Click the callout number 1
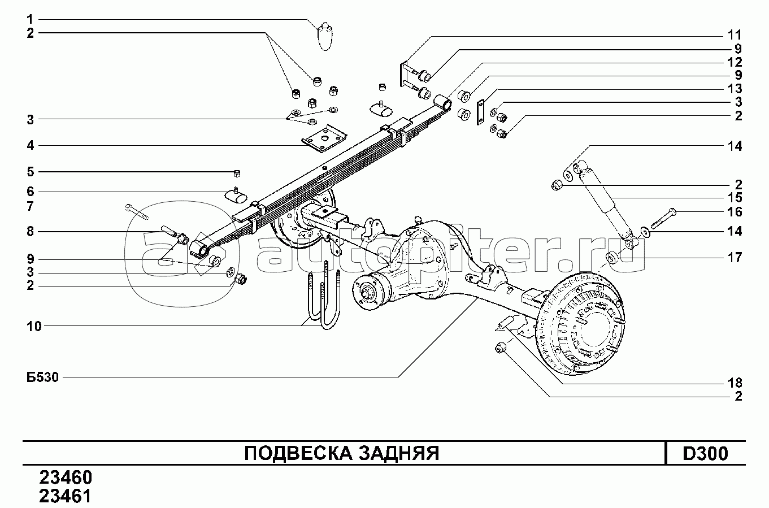coord(30,19)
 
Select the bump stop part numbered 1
coord(325,36)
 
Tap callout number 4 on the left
coord(30,146)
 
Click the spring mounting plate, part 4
coord(324,138)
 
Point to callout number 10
coord(34,326)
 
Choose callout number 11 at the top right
coord(735,35)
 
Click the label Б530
coord(42,377)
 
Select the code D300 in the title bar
coord(705,454)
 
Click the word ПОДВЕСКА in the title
coord(298,454)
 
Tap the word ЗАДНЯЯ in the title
coord(399,454)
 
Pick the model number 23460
coord(66,477)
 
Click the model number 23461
coord(66,496)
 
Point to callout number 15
coord(735,198)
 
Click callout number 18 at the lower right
coord(735,383)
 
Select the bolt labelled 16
coord(663,218)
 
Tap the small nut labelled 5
coord(237,173)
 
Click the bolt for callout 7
coord(137,211)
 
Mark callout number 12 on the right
coord(735,62)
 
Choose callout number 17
coord(735,258)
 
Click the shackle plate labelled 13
coord(481,112)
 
